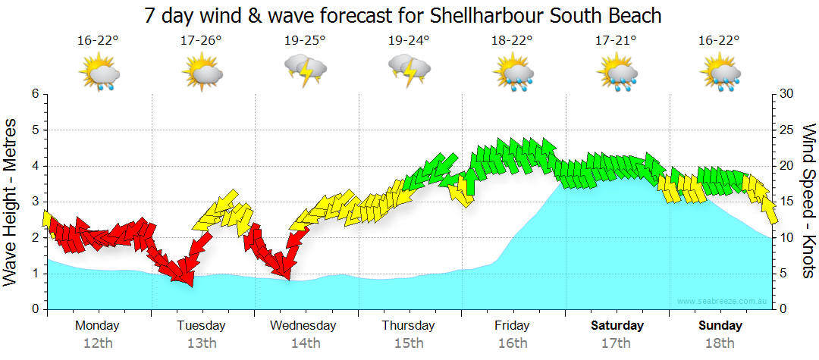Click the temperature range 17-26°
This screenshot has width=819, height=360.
[x=201, y=40]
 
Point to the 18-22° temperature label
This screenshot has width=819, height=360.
[x=513, y=40]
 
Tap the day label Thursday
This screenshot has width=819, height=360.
[x=408, y=325]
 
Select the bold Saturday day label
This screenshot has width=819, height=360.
[x=617, y=325]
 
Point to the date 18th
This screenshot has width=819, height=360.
[x=720, y=343]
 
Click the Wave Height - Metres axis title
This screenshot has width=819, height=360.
[x=12, y=202]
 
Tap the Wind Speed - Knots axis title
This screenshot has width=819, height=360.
[x=808, y=202]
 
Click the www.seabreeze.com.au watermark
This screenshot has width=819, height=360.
[x=723, y=302]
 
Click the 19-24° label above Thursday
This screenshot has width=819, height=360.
[x=409, y=40]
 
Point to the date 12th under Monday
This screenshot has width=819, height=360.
[x=98, y=343]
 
